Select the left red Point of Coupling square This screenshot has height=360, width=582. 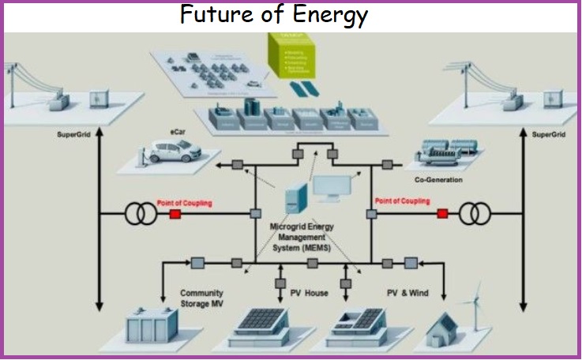pos(175,214)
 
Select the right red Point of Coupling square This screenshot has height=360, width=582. pos(443,213)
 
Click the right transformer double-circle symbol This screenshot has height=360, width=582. pos(476,213)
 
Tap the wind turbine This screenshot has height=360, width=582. pos(476,304)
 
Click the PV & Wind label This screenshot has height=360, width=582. pos(407,293)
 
